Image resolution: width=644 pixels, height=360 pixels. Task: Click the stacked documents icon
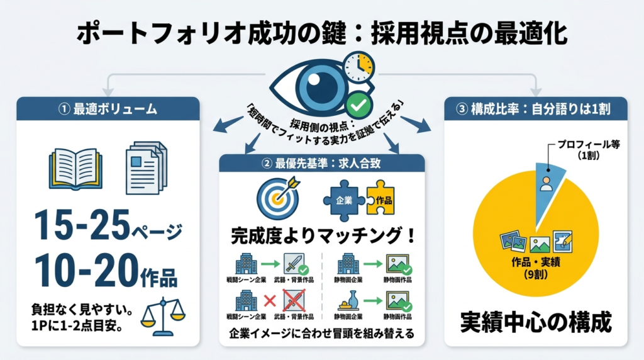pyautogui.click(x=146, y=167)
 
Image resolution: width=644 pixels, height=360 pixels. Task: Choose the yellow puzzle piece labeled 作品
pyautogui.click(x=380, y=199)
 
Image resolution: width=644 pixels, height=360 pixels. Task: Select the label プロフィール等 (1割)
pyautogui.click(x=579, y=149)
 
